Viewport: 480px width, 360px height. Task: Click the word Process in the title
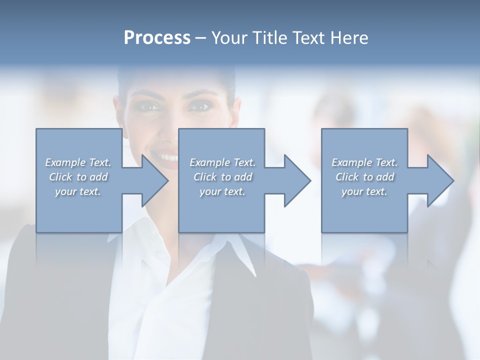click(x=157, y=37)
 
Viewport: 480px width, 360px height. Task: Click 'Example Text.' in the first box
click(x=78, y=162)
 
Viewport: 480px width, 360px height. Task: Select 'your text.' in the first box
click(x=78, y=191)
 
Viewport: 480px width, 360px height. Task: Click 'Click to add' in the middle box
click(x=222, y=177)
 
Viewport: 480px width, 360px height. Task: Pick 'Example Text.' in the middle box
click(x=222, y=162)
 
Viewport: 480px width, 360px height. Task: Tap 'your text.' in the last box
click(x=364, y=191)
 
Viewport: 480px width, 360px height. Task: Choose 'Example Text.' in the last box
click(x=364, y=162)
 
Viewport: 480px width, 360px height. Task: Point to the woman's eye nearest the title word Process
click(x=149, y=106)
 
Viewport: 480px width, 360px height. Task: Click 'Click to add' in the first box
click(x=78, y=177)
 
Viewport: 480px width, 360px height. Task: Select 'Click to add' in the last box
click(x=364, y=177)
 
